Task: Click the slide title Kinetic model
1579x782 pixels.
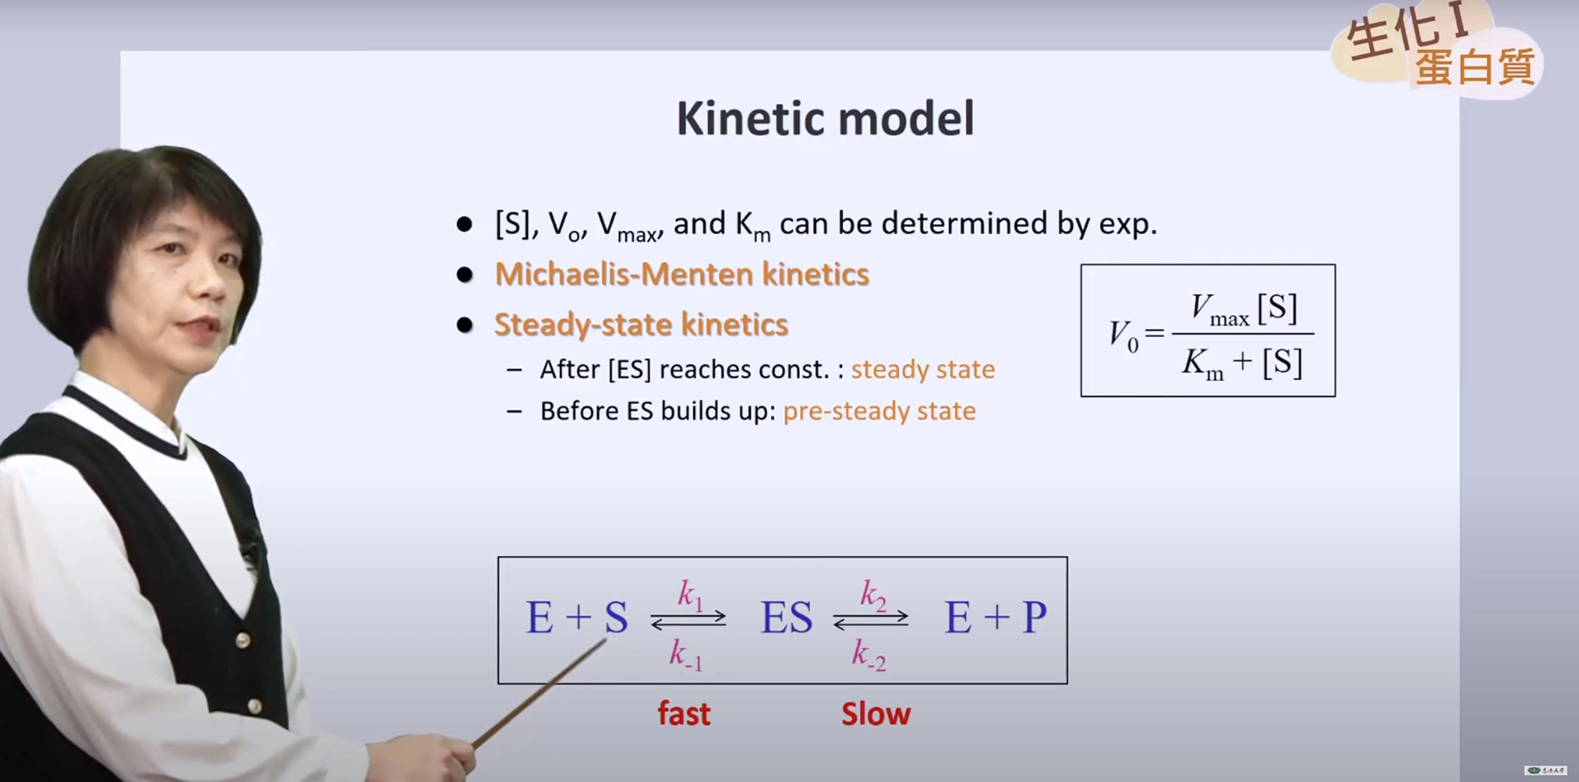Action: pos(825,118)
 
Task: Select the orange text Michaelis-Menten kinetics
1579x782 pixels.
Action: pos(682,274)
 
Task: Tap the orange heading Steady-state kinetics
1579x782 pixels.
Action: pos(641,325)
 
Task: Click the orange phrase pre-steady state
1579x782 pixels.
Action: pos(879,411)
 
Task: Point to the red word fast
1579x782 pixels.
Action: pos(683,713)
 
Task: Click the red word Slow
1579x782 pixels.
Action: pos(876,713)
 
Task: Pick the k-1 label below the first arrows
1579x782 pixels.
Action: pos(686,655)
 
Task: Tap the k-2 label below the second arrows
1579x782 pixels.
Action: pos(869,655)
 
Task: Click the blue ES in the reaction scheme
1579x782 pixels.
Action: pos(786,618)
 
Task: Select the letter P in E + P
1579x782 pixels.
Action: pos(1035,618)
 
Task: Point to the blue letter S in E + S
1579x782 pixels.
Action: pos(617,618)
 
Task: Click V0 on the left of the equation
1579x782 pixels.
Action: pos(1124,335)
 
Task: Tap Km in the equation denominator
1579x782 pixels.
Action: pos(1203,363)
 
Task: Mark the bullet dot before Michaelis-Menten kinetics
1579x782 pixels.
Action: pos(465,275)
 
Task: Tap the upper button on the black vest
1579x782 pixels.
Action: pos(243,640)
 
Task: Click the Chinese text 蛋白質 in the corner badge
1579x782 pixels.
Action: pos(1475,67)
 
